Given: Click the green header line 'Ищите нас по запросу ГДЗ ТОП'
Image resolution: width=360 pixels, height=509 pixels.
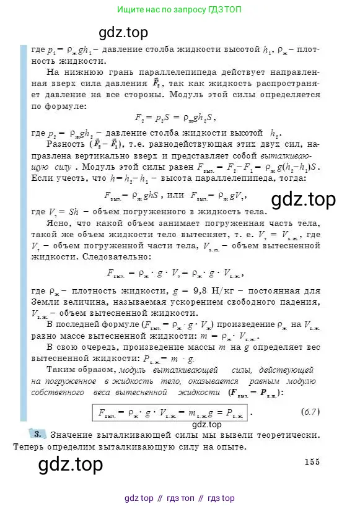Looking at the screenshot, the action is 180,10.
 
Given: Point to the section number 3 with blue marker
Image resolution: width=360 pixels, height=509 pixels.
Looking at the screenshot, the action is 37,434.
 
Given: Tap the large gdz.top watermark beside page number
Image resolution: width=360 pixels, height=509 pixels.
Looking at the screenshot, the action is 71,464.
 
